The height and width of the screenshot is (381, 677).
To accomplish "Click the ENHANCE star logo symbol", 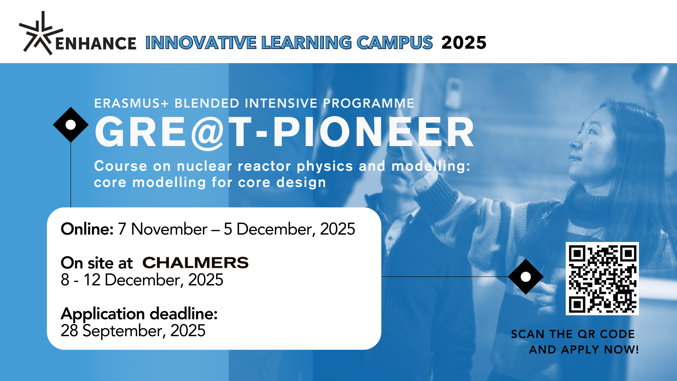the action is (41, 34).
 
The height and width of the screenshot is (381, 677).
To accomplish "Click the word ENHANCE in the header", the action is (96, 44).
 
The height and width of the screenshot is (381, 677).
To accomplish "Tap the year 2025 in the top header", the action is (464, 43).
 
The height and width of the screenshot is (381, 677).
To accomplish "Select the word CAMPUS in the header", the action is (395, 43).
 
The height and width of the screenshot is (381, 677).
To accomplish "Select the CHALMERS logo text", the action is (196, 262).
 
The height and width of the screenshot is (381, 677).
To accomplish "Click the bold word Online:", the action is (87, 229).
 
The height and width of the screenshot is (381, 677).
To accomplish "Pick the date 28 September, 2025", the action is (133, 331).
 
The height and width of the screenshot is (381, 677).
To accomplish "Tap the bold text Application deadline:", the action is (139, 314).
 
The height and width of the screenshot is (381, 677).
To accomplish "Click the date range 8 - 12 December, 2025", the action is (142, 280).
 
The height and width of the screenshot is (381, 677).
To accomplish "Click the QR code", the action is (602, 279).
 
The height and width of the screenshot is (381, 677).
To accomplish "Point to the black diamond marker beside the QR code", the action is (526, 277).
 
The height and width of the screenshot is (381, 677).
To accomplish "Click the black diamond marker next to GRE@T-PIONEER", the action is (71, 125).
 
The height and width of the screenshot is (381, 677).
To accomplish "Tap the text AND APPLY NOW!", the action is (584, 350).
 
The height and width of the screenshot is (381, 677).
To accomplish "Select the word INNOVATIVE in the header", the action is (201, 43).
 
